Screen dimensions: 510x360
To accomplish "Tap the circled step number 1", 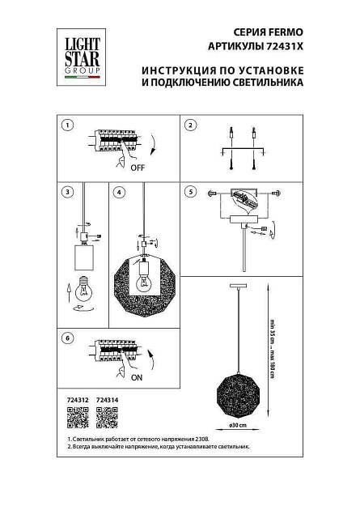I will pos(68,125).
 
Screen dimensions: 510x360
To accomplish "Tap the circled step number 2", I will pos(190,125).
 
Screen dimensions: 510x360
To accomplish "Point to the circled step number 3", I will pos(68,193).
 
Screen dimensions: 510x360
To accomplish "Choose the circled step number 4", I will pos(119,193).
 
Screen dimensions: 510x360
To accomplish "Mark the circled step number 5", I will pos(190,193).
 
